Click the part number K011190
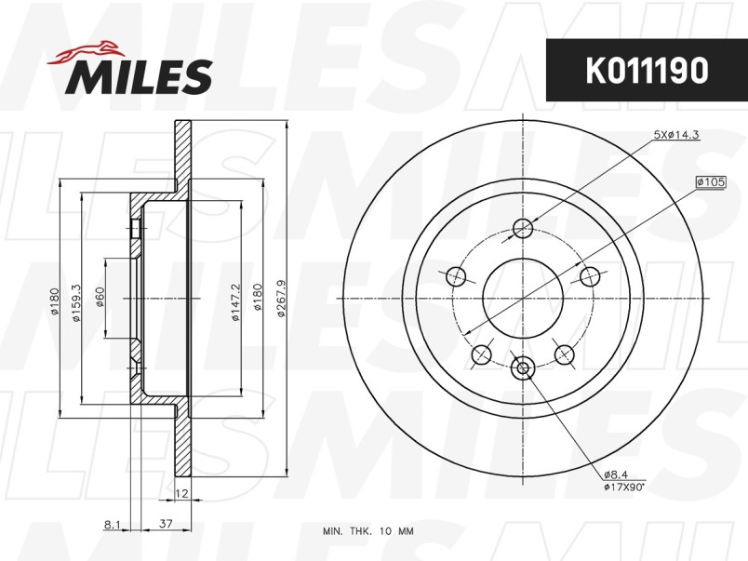click(x=647, y=71)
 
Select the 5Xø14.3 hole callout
click(x=676, y=135)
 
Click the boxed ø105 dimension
click(x=711, y=181)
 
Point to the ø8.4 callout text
click(x=616, y=474)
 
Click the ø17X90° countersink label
click(x=624, y=488)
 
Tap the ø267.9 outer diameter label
click(x=281, y=299)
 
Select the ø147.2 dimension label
click(x=235, y=302)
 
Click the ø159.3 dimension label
click(x=76, y=302)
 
